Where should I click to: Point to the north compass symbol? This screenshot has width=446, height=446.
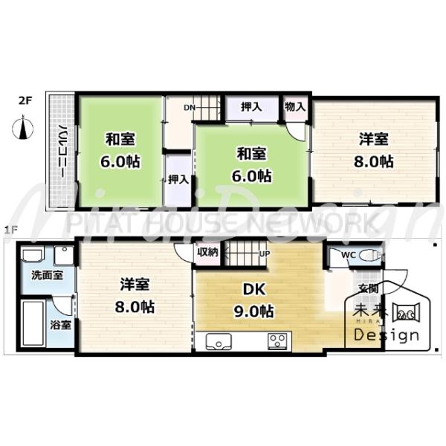[22, 131]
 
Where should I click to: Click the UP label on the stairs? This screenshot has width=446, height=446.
[264, 253]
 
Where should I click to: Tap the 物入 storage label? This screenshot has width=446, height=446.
[295, 107]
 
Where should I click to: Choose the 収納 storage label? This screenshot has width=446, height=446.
[207, 252]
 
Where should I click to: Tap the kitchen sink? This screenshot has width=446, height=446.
[219, 341]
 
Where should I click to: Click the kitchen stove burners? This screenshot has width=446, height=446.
[278, 341]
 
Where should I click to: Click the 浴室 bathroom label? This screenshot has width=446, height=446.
[60, 325]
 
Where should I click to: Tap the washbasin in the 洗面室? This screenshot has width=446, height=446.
[32, 256]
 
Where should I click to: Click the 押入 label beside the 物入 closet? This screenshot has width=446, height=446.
[251, 107]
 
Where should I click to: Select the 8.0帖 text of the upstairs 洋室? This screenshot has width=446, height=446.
[374, 161]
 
